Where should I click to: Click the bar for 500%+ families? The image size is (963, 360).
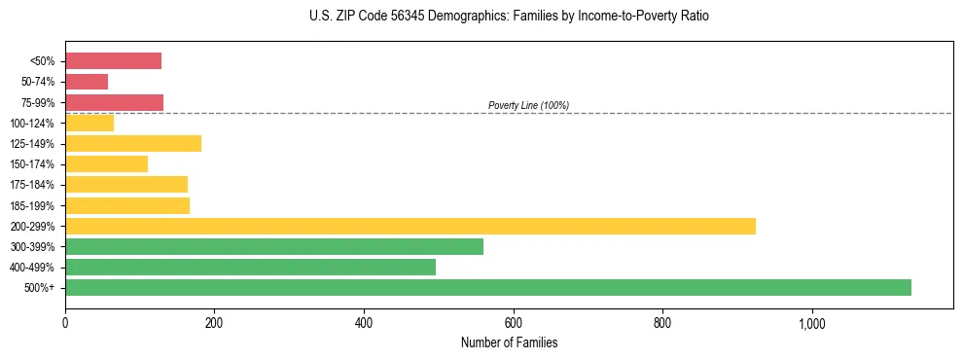click(x=487, y=287)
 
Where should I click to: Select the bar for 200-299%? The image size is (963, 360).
click(x=410, y=226)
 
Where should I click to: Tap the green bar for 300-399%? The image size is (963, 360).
click(x=273, y=246)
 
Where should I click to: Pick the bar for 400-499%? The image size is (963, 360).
click(x=250, y=267)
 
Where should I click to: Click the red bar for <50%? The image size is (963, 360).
click(x=113, y=61)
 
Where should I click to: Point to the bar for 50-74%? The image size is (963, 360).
click(x=87, y=82)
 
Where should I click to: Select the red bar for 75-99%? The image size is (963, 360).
click(x=114, y=102)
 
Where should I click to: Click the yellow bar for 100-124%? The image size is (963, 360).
click(x=89, y=123)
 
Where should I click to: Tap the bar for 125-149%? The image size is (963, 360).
click(x=133, y=143)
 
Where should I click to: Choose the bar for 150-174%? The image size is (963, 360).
click(x=106, y=163)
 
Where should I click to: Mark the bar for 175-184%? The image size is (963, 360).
click(x=126, y=184)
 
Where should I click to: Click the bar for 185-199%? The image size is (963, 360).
click(x=127, y=205)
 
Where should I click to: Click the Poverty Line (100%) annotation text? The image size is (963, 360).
click(x=528, y=105)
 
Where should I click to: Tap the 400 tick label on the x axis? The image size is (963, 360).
click(x=364, y=323)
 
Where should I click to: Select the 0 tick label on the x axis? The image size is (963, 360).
click(x=65, y=323)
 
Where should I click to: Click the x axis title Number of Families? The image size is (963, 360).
click(x=509, y=342)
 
